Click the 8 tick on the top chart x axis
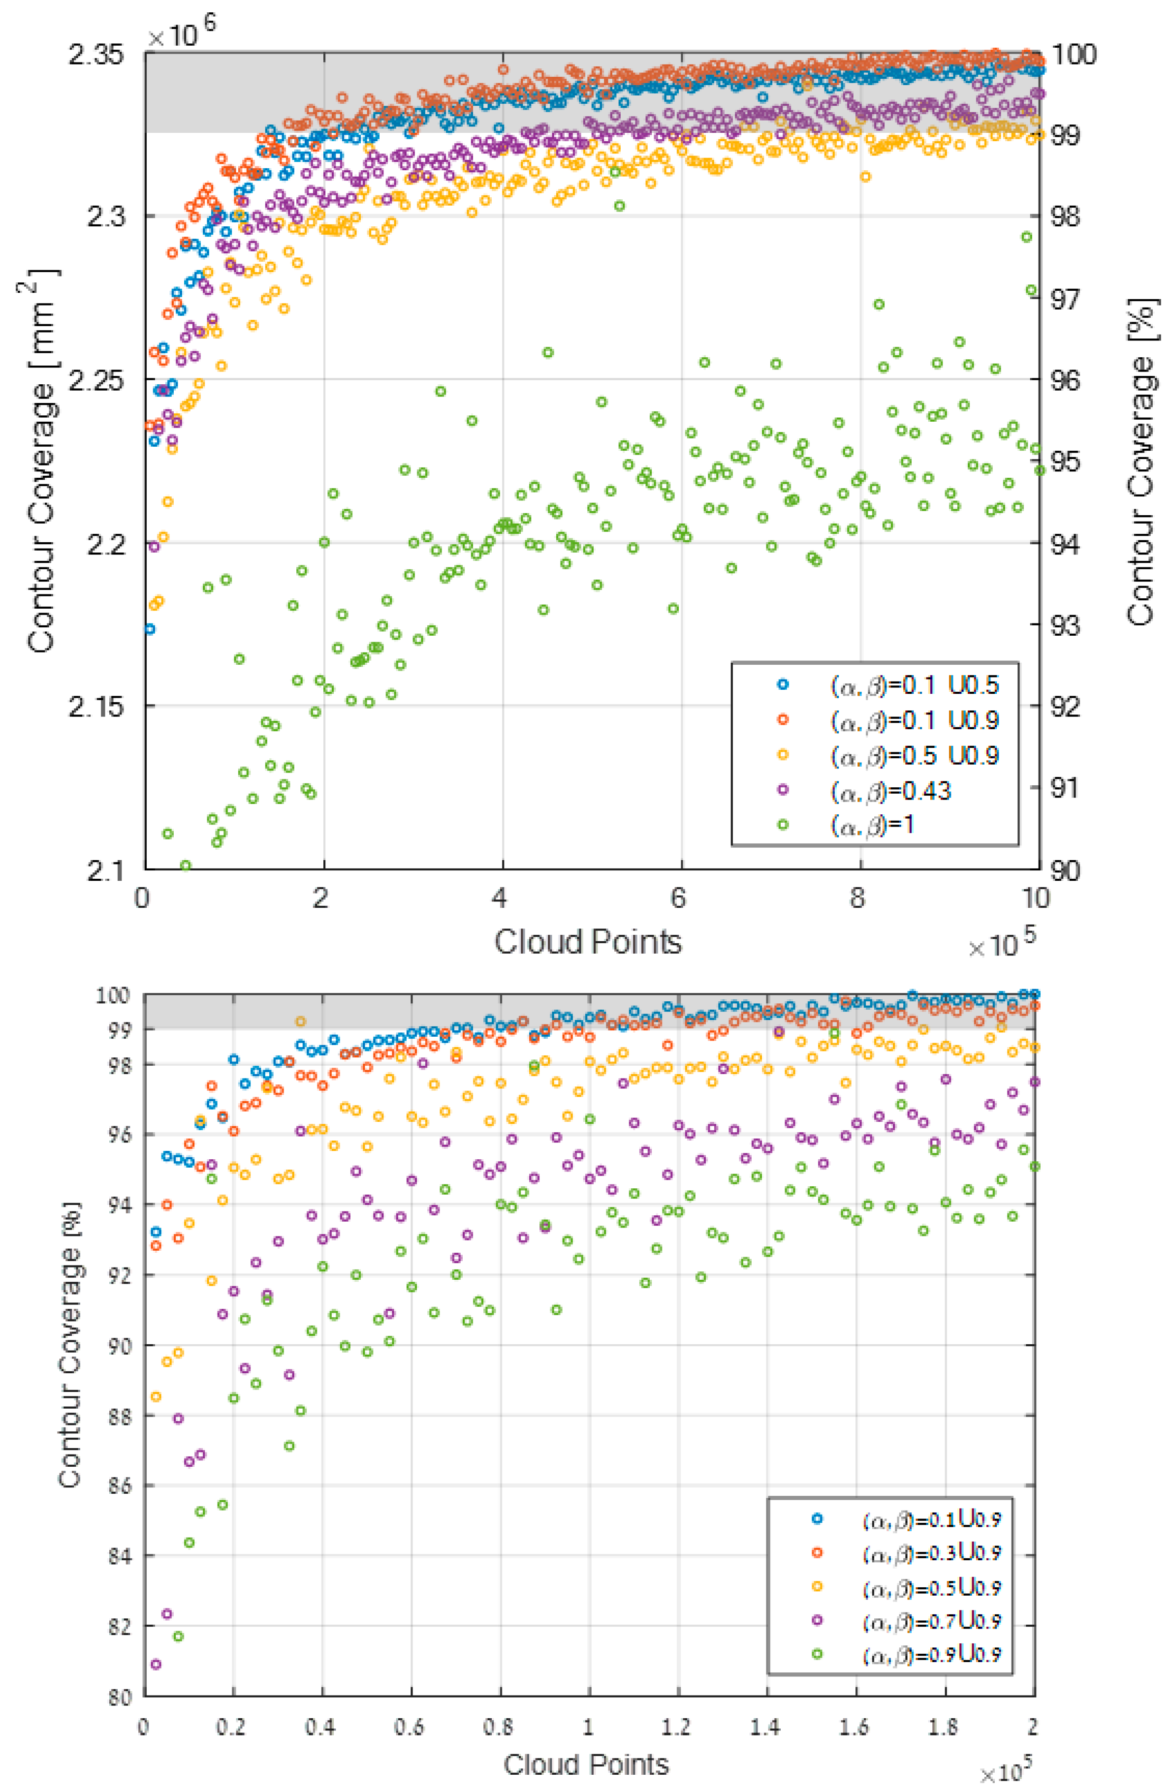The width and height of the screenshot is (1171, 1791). [x=858, y=898]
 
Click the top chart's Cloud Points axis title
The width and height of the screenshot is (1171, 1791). [x=588, y=941]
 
